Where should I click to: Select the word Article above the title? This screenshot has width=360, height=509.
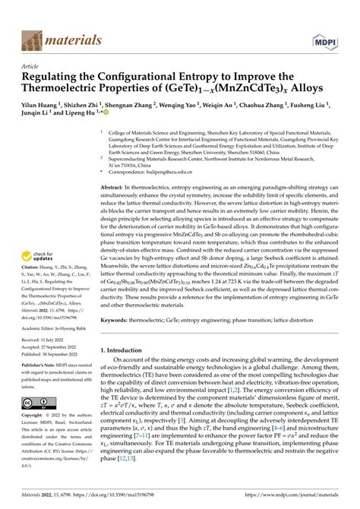click(30, 66)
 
